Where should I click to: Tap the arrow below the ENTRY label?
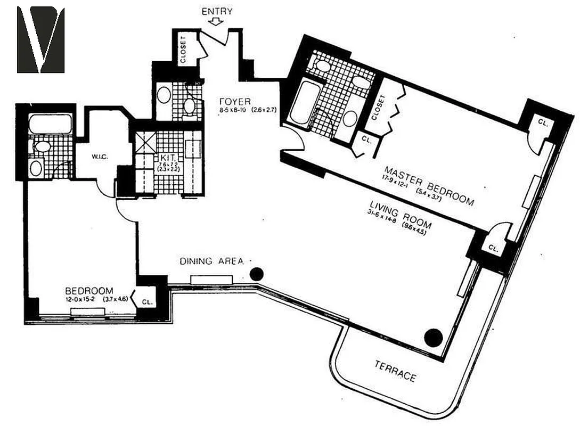coord(216,22)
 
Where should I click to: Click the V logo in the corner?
coord(41,40)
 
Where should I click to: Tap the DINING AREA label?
coord(211,261)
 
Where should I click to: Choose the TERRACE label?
coord(395,371)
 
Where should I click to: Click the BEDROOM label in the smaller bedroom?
coord(89,291)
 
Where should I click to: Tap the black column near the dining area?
coord(257,274)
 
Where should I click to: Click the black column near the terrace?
coord(434,337)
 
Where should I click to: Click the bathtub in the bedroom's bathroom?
coord(50,124)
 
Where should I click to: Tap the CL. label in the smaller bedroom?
coord(148,301)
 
